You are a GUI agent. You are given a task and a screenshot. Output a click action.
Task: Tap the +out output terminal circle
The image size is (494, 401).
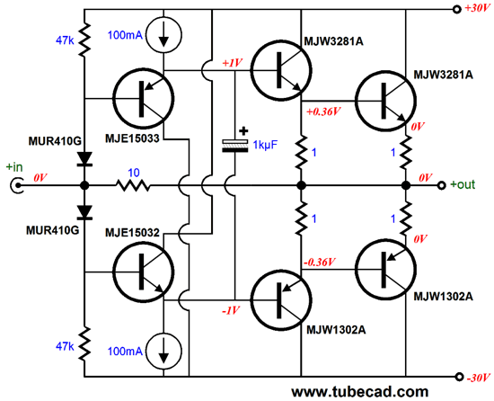(x=442, y=186)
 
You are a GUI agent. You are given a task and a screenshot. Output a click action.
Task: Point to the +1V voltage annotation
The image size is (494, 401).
(x=233, y=64)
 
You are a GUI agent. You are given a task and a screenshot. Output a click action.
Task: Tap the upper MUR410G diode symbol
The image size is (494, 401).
(x=84, y=159)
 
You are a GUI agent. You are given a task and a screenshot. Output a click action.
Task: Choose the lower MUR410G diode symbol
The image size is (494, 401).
(x=84, y=213)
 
